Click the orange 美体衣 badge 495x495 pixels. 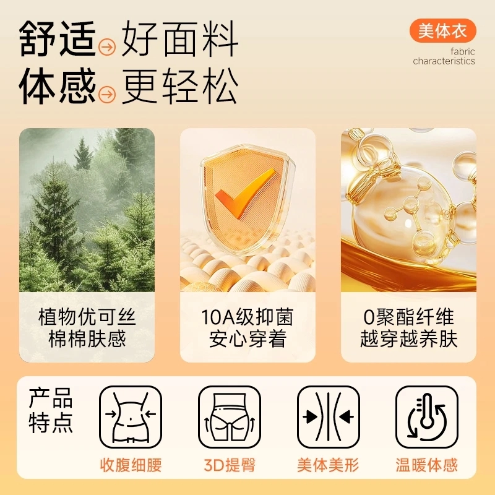coord(442,30)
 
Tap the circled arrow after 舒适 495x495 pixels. coord(106,48)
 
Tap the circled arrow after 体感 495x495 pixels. coord(106,94)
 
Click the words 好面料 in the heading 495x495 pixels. coord(179,39)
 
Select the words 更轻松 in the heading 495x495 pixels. coord(179,85)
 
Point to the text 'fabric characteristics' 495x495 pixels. coord(444,56)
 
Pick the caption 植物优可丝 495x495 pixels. coord(87,317)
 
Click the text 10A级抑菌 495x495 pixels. coord(247,317)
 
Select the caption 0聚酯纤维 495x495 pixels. coord(408,317)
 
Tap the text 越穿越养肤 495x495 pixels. coord(408,338)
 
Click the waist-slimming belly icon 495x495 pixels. coord(131,416)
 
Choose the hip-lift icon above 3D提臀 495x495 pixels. coord(230,416)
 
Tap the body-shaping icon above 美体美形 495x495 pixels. coord(329,416)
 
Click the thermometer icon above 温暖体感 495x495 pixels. coord(427,416)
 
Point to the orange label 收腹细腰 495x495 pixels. coord(131,465)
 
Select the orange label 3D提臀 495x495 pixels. coord(230,465)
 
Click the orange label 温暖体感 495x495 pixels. coord(427,465)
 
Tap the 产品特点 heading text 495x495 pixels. coord(51,410)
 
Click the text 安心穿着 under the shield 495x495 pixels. coord(247,338)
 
